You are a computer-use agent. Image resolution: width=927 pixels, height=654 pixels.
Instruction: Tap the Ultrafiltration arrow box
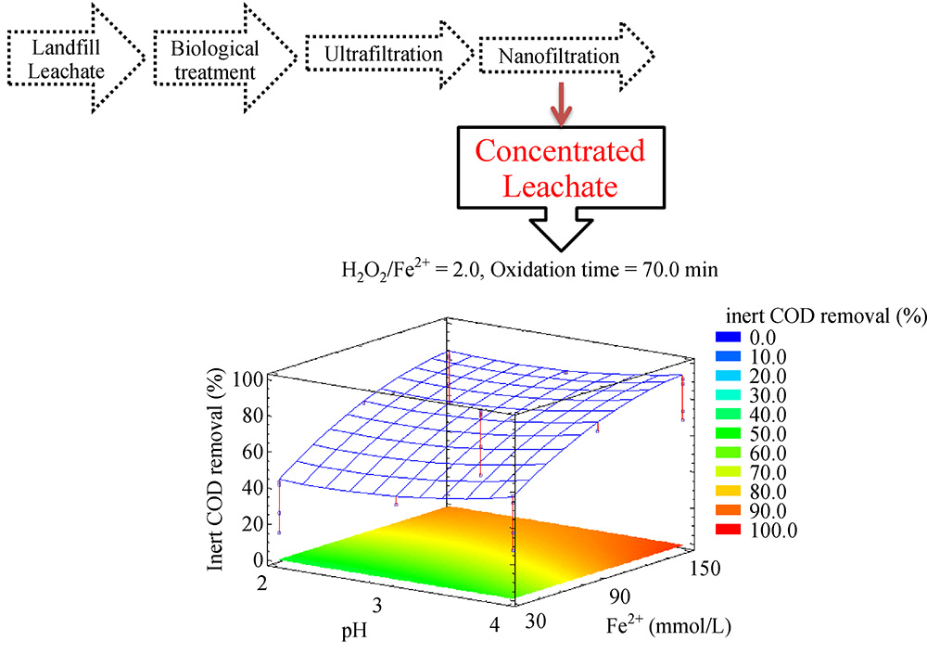tap(385, 56)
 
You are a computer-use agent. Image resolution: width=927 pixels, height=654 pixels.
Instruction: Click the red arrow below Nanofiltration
tap(558, 107)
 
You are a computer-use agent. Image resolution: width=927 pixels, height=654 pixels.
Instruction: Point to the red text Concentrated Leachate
tap(559, 168)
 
